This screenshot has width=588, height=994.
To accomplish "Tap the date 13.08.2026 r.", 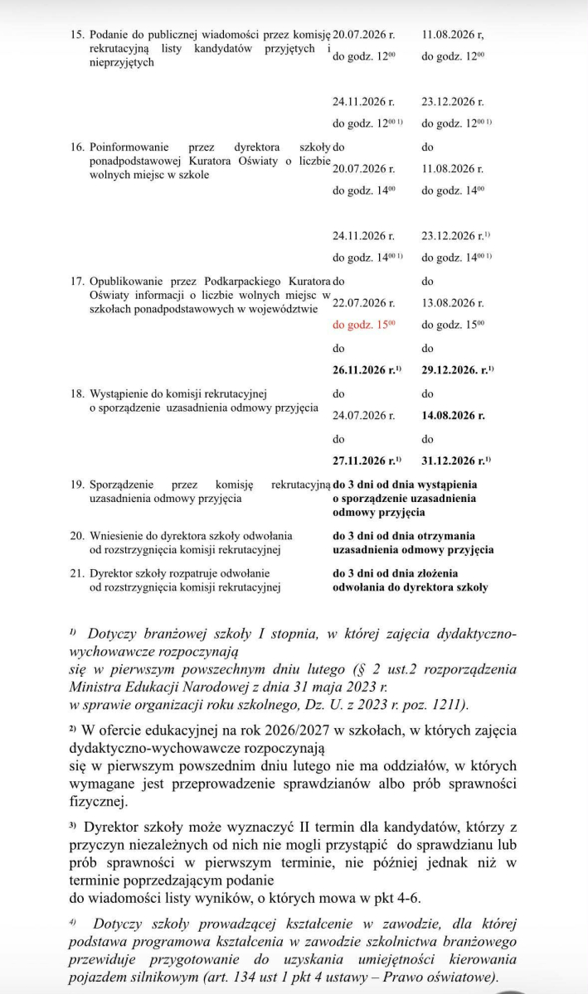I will tap(453, 303).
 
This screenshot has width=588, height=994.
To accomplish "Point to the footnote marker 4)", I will tap(72, 921).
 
